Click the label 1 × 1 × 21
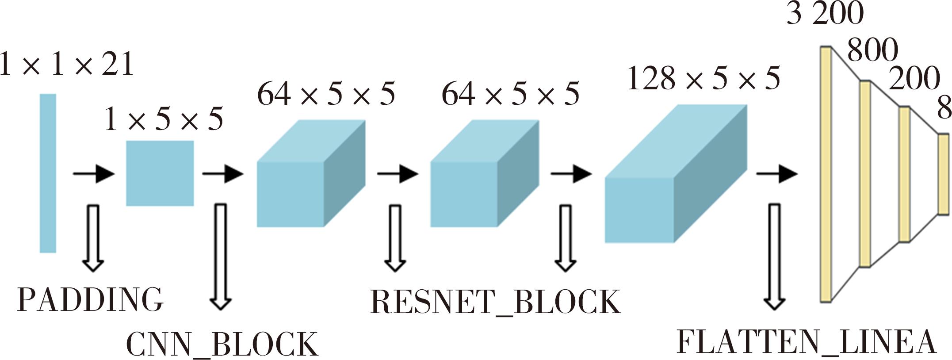click(x=66, y=65)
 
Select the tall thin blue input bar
click(x=48, y=173)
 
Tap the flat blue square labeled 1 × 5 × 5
click(x=160, y=173)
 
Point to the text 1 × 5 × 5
click(x=164, y=119)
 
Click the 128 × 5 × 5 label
click(x=703, y=80)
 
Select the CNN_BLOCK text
click(x=222, y=344)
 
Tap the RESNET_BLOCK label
click(x=495, y=303)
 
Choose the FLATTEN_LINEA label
click(x=807, y=342)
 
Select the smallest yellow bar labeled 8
click(x=944, y=174)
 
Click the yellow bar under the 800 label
click(x=865, y=174)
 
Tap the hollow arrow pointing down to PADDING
click(x=93, y=237)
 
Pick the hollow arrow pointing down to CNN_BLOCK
click(x=220, y=257)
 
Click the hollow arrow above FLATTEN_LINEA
click(x=774, y=257)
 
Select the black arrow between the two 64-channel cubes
click(x=397, y=174)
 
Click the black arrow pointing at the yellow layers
click(x=776, y=174)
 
